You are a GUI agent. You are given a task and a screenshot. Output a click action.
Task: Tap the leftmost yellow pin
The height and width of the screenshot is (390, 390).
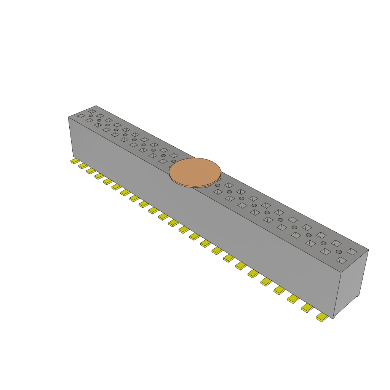point(75,161)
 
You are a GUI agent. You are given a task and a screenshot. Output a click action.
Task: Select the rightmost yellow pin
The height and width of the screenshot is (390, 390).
point(322,317)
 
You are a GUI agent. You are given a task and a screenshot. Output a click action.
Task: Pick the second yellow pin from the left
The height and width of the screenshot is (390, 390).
point(83,166)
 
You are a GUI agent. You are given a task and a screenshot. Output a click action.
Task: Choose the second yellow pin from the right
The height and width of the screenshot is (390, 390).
point(307,308)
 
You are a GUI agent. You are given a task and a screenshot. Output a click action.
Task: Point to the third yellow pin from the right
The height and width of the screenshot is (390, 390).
point(293,299)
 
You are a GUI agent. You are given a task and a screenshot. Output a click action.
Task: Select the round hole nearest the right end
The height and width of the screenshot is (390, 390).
point(339,252)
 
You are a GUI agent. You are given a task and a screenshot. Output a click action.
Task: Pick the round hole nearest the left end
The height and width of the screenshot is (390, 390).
point(91,116)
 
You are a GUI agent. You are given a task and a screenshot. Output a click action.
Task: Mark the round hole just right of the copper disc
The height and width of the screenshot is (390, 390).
point(217,185)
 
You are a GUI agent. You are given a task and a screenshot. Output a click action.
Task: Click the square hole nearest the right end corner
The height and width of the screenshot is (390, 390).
point(352,251)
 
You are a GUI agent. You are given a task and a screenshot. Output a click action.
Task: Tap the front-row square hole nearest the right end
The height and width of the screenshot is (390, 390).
point(342,261)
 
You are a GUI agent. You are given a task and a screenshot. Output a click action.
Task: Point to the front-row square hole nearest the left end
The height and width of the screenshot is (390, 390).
point(81,116)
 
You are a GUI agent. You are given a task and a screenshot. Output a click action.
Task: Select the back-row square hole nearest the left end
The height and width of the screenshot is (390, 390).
point(92,111)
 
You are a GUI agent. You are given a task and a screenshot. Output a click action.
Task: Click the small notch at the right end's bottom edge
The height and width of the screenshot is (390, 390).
point(357,296)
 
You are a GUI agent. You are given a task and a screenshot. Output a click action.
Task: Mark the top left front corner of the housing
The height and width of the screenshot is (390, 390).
point(69,117)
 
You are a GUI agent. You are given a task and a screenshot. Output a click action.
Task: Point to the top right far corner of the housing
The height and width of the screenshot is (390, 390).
point(368,250)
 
